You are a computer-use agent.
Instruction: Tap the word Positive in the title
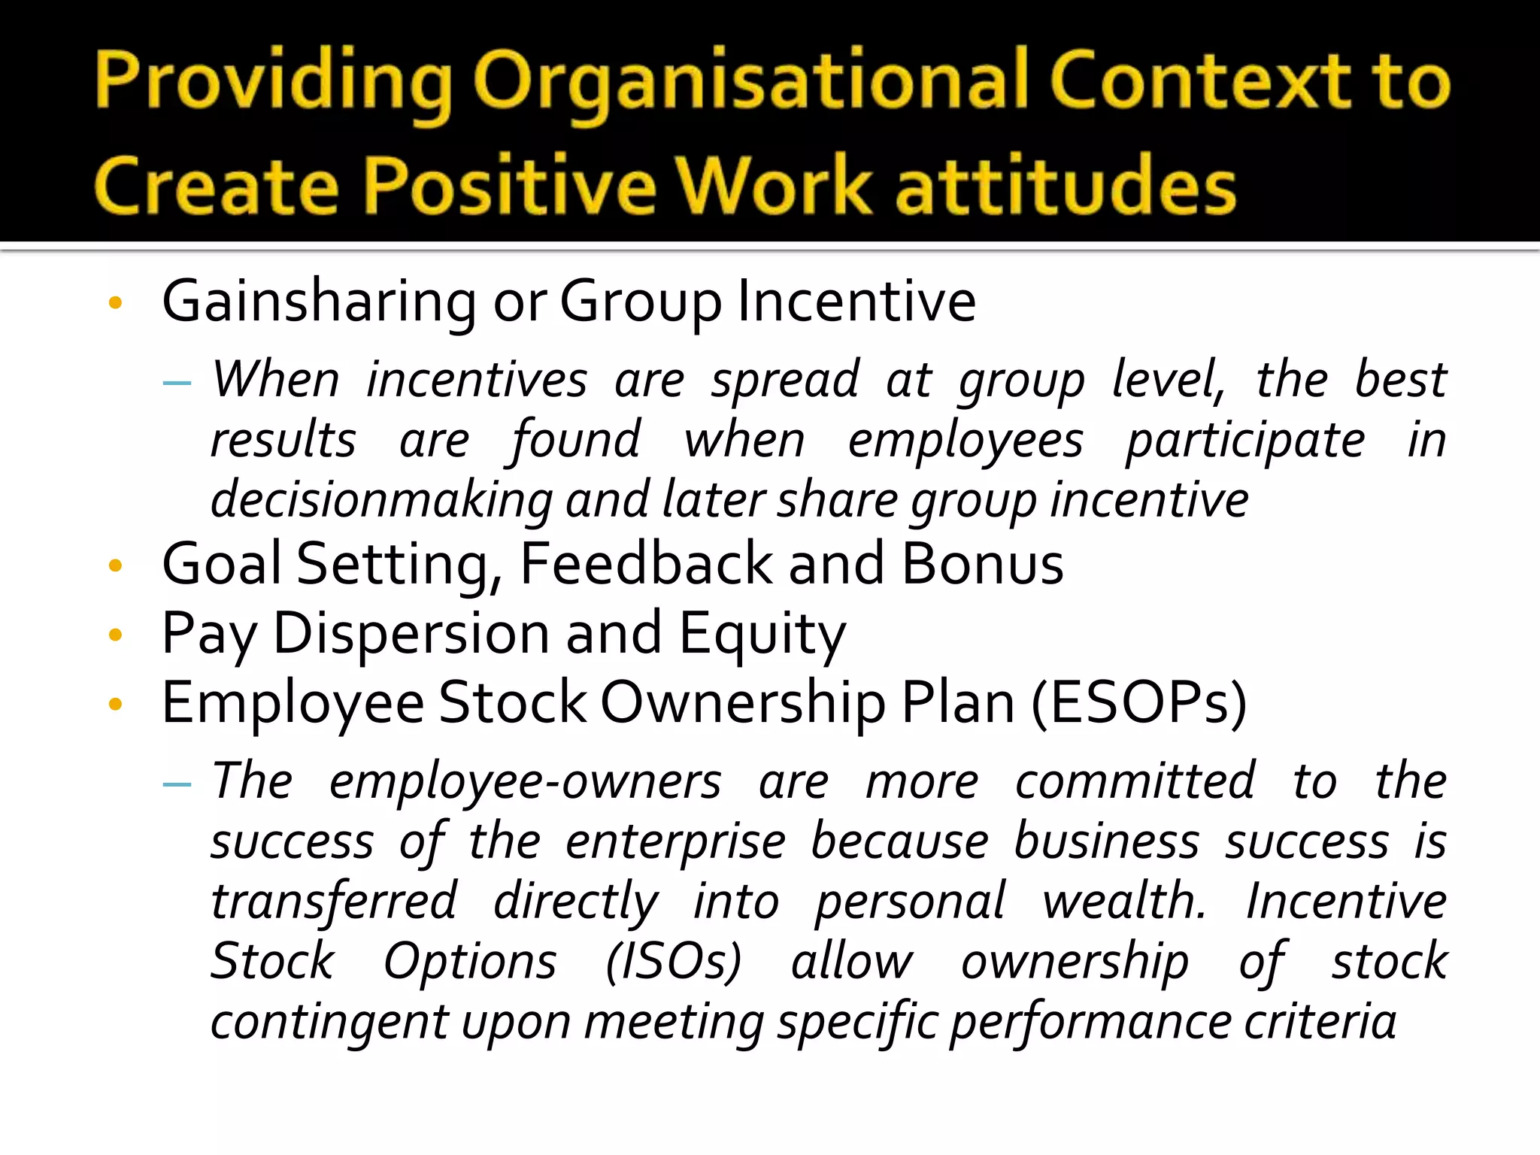point(510,186)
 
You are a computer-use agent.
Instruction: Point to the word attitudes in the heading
point(1066,186)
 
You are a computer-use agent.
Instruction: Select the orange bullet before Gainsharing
point(115,304)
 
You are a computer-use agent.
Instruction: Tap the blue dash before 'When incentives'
point(177,383)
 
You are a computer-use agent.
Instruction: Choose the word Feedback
point(646,564)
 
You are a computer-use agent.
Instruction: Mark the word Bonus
point(982,564)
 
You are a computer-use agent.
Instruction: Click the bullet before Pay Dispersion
point(115,635)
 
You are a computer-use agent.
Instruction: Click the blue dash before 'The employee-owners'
point(177,784)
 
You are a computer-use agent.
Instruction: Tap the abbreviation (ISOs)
point(674,962)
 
